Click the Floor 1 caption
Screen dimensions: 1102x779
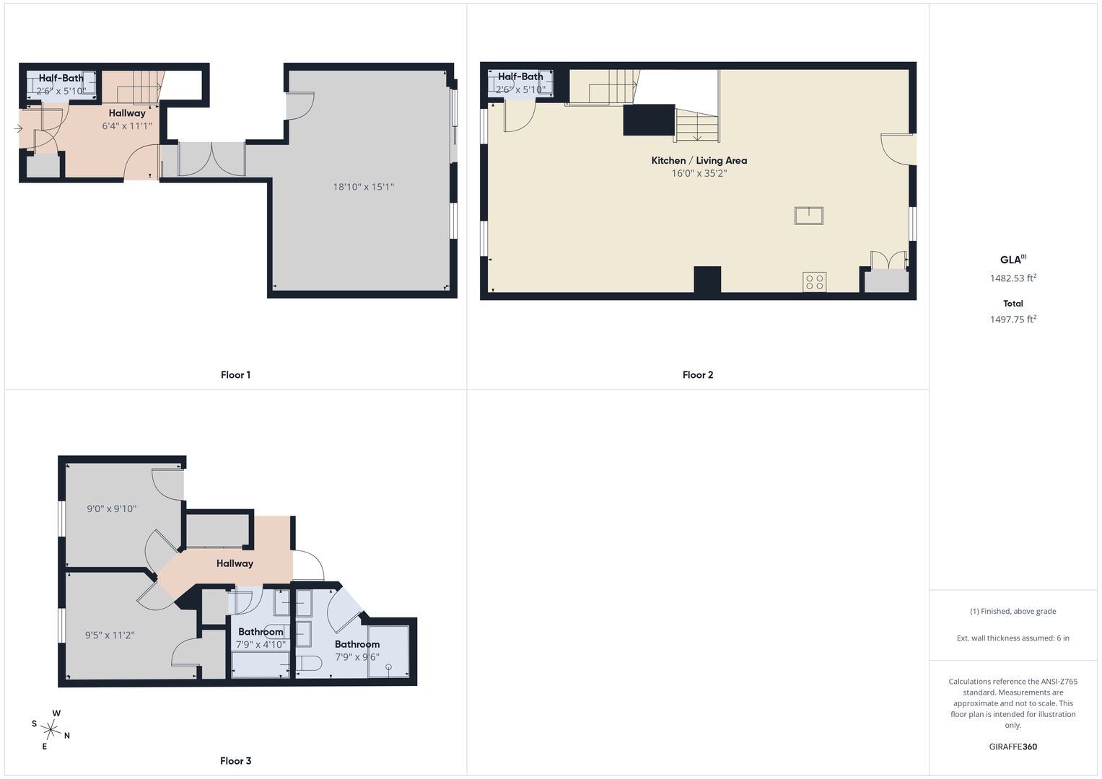pos(235,375)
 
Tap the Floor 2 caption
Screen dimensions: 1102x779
pos(698,375)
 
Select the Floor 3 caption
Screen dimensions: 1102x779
pos(235,761)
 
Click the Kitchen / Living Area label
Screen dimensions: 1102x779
pos(699,160)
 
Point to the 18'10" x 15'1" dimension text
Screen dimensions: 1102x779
pos(364,186)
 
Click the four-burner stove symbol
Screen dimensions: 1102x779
pos(814,282)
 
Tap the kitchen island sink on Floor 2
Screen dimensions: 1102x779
pos(809,216)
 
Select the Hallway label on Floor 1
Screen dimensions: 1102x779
pos(127,113)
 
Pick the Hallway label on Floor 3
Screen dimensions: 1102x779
pos(235,563)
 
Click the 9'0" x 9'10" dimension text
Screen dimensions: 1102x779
pos(112,509)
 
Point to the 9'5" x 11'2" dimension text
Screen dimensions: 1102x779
pos(110,635)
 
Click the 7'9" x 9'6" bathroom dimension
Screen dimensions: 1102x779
pos(357,656)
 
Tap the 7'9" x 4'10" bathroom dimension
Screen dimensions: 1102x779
pos(261,644)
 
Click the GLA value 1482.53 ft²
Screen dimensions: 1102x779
pos(1013,278)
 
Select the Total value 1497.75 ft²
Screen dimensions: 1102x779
pos(1013,319)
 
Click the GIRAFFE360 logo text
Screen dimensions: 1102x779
pos(1013,747)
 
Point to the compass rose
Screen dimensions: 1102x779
pos(51,729)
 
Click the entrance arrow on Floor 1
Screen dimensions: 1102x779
pos(18,129)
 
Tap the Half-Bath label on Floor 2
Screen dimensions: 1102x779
pos(520,76)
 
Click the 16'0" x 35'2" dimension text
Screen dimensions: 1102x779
pos(699,173)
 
